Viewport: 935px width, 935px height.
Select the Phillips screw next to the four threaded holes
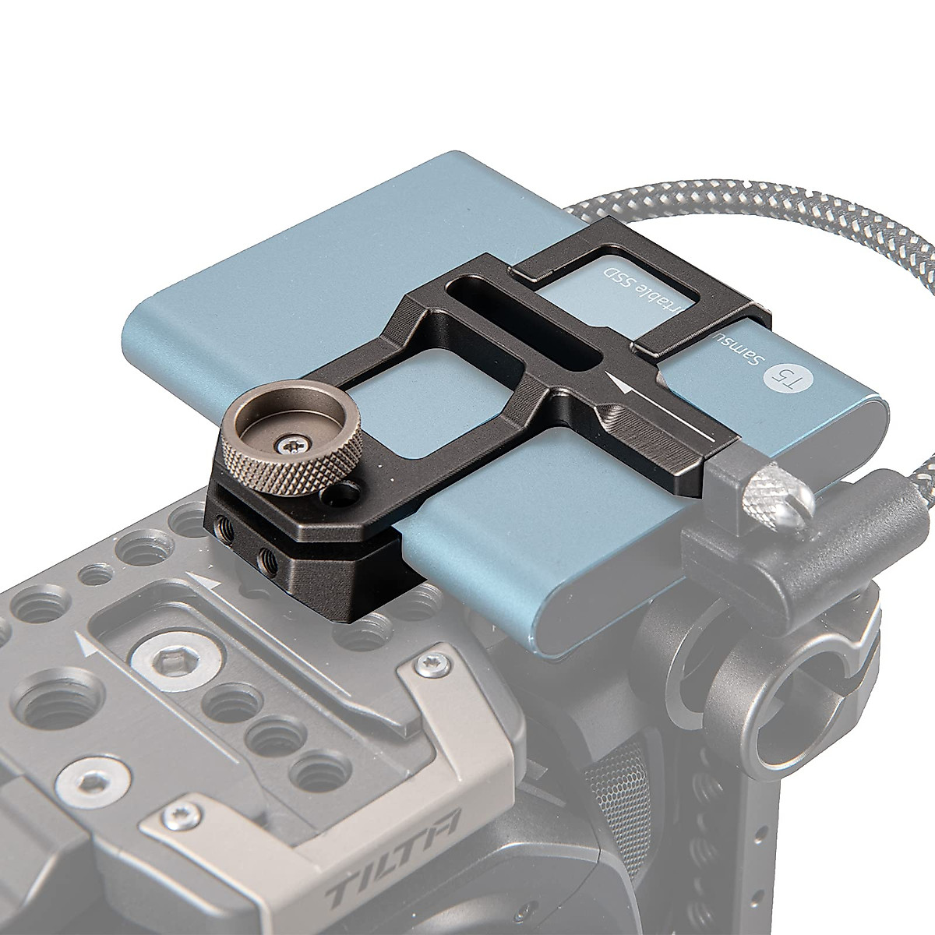click(425, 664)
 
